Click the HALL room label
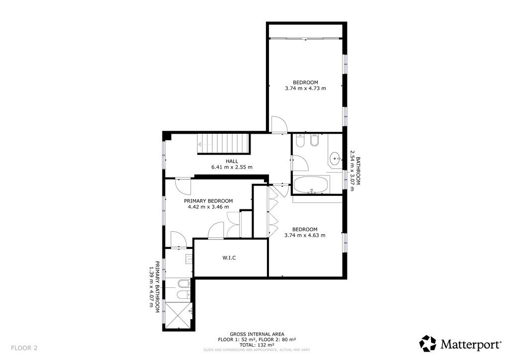click(x=232, y=161)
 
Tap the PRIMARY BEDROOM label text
click(x=208, y=201)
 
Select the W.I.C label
click(x=229, y=258)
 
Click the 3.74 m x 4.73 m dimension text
click(x=306, y=89)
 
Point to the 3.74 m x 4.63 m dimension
click(x=305, y=235)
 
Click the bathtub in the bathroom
click(x=311, y=185)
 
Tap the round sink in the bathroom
click(x=335, y=159)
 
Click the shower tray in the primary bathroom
click(x=178, y=315)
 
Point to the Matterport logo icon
click(x=428, y=344)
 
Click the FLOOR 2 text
click(x=24, y=348)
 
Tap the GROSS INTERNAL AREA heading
click(x=257, y=334)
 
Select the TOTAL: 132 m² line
click(x=257, y=345)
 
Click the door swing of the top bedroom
click(x=279, y=125)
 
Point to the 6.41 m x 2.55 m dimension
click(x=232, y=167)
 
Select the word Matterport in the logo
click(x=471, y=344)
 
